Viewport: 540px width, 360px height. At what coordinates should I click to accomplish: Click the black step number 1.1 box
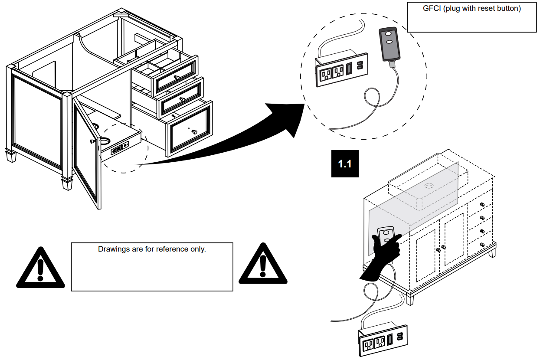[345, 164]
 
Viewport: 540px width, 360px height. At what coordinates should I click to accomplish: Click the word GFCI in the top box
[432, 8]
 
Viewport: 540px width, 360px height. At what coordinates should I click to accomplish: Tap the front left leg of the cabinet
[68, 182]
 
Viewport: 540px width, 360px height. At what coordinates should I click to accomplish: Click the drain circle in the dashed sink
[429, 186]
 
